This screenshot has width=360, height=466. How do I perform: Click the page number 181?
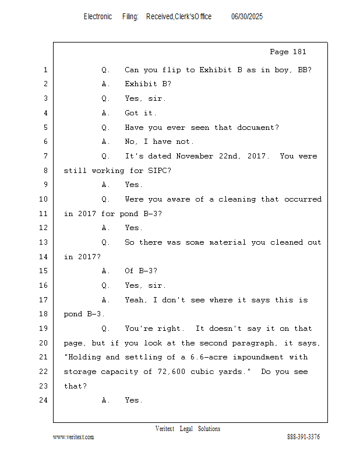point(299,52)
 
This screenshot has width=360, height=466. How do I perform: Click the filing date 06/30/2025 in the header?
point(247,16)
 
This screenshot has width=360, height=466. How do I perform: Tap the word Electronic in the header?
point(98,16)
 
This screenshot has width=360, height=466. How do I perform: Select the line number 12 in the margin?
point(44,228)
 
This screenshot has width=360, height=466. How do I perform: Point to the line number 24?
point(44,400)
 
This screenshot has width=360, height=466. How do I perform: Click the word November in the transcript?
point(195,156)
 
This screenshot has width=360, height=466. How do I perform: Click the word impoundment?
point(258,357)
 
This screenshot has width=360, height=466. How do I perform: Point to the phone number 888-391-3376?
point(303,437)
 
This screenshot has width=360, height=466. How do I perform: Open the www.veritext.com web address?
point(73,437)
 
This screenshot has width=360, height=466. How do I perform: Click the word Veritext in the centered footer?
point(165,429)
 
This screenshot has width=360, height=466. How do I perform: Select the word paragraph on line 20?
point(253,343)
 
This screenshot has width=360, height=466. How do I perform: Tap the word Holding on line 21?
point(84,357)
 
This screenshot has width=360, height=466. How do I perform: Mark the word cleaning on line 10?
point(237,199)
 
